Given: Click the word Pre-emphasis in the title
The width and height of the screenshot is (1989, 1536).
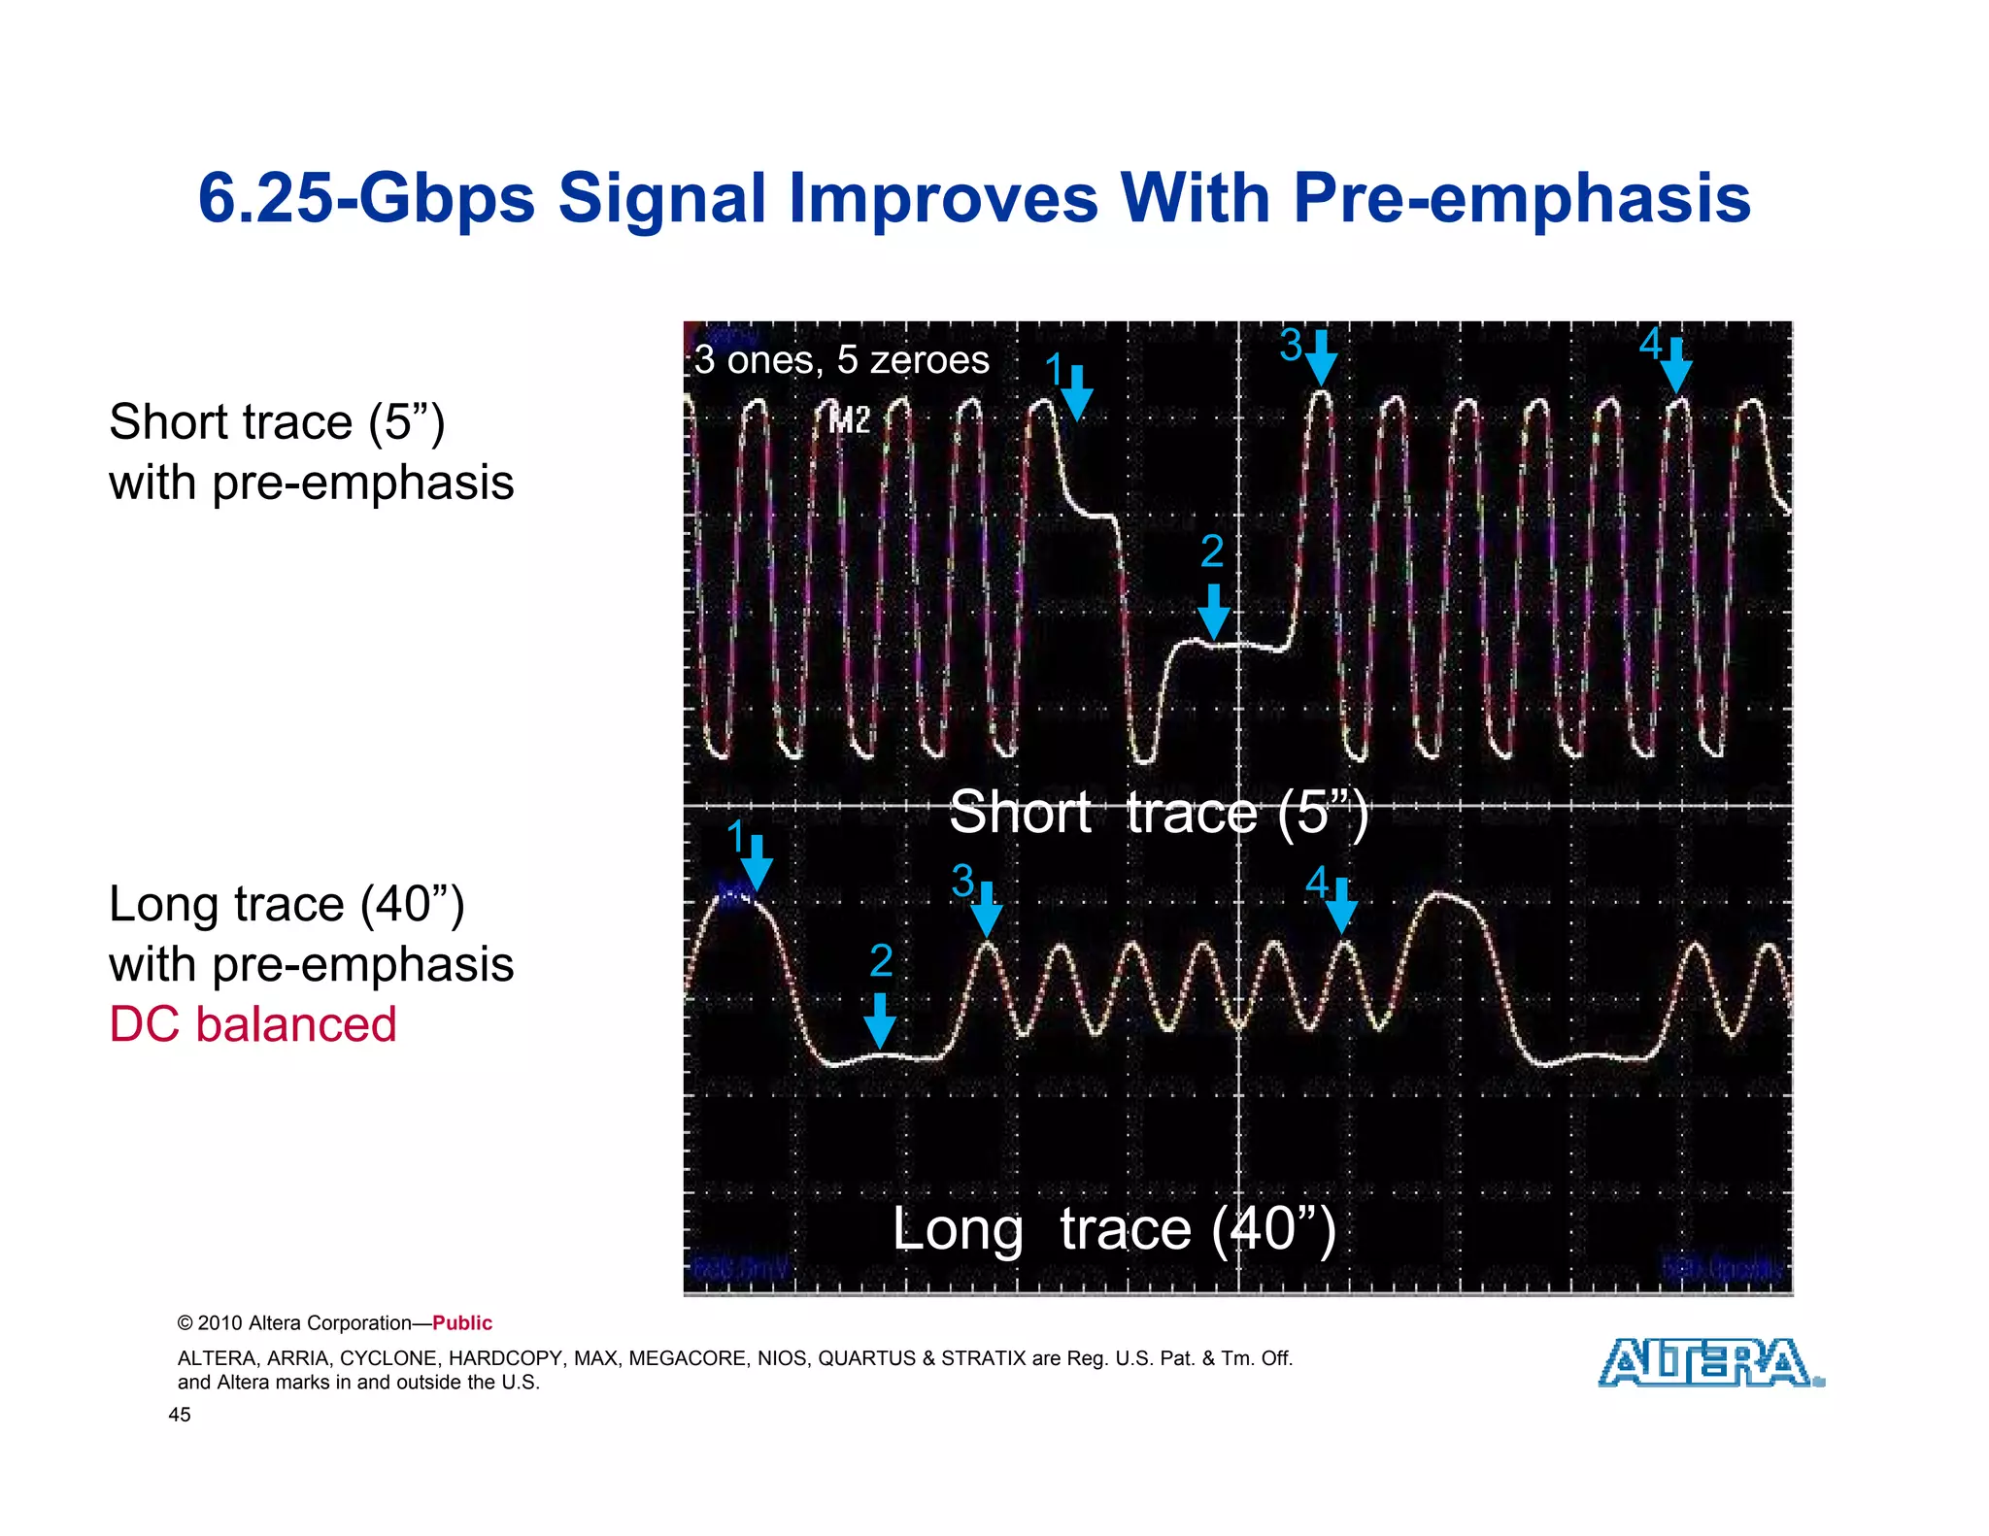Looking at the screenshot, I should click(1521, 198).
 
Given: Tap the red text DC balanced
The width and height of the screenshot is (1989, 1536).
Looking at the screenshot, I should click(253, 1024).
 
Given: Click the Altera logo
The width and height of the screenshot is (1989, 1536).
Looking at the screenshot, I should click(1709, 1362).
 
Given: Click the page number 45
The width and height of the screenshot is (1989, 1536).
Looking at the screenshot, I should click(180, 1415).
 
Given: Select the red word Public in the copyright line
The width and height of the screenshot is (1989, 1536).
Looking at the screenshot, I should click(462, 1323).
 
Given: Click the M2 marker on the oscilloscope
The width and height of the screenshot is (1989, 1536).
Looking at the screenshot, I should click(849, 420).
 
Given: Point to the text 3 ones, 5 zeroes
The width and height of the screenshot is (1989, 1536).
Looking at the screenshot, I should click(841, 360).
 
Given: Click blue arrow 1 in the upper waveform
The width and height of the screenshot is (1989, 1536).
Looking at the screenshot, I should click(1076, 392).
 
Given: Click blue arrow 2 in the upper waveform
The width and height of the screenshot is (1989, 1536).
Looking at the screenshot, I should click(1213, 611).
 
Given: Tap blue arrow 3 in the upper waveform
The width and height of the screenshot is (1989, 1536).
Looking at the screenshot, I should click(1320, 358).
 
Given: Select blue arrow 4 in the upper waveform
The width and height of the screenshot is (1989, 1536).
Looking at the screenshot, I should click(1675, 366).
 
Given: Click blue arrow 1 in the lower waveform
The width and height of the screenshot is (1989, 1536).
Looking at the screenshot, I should click(757, 862).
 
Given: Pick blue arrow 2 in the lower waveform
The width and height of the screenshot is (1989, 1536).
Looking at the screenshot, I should click(880, 1019).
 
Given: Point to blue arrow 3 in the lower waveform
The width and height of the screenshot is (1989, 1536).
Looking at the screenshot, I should click(987, 909).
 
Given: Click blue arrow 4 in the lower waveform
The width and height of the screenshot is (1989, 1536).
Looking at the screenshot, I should click(1341, 905).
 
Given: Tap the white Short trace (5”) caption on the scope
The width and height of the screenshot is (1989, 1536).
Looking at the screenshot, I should click(1158, 813).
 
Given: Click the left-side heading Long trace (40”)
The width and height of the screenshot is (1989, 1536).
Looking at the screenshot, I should click(287, 904).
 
